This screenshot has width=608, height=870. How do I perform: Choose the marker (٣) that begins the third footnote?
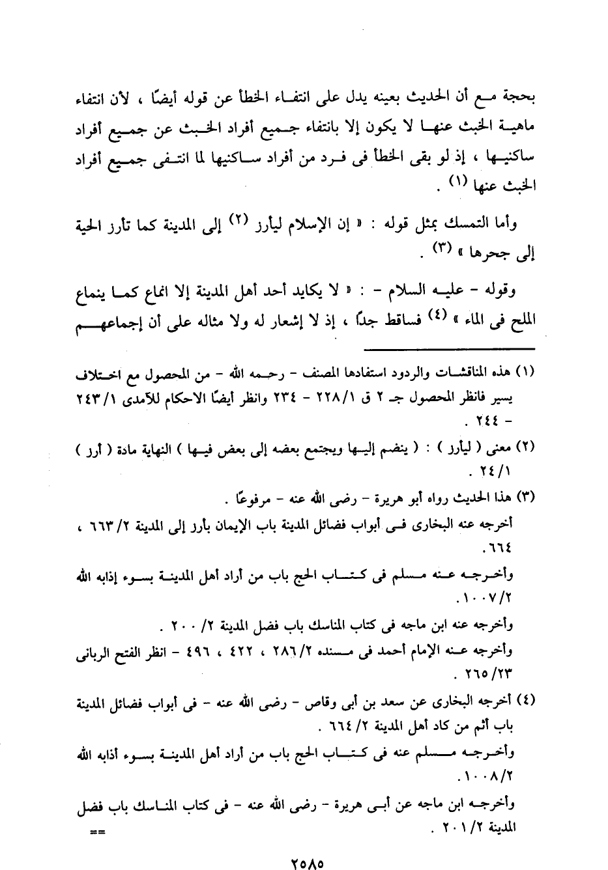pos(525,498)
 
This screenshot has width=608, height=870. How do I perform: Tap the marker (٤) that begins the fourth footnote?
pos(525,701)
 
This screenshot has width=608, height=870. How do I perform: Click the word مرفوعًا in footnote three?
pos(248,498)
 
